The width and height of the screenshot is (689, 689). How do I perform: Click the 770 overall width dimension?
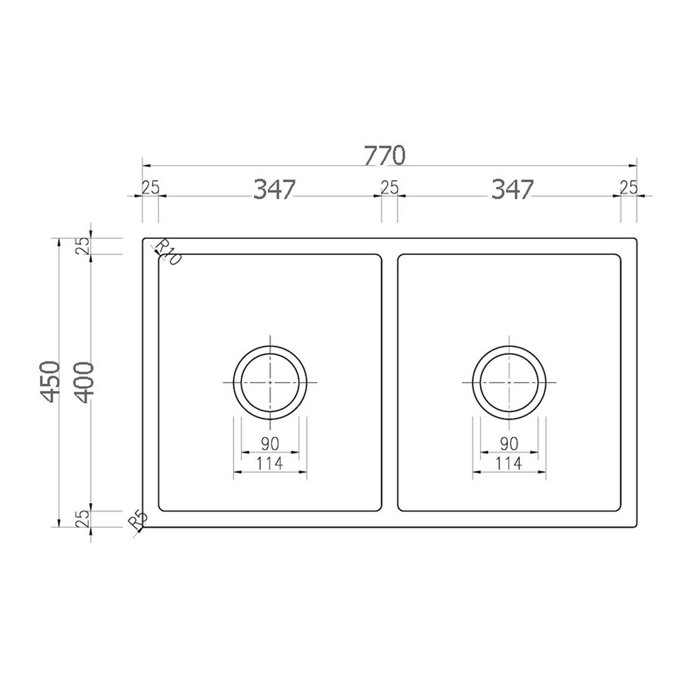point(384,156)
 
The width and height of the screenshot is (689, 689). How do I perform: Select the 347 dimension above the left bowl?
point(274,189)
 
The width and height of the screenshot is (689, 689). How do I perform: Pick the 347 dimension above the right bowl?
point(512,189)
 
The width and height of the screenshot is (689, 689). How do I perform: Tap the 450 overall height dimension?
point(49,382)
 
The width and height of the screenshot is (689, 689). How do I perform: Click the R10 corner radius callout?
point(168,252)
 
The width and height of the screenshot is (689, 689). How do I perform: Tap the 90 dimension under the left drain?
point(270,444)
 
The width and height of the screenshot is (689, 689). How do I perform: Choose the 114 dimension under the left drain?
point(270,464)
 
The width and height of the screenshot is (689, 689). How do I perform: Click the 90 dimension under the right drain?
point(509,444)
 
